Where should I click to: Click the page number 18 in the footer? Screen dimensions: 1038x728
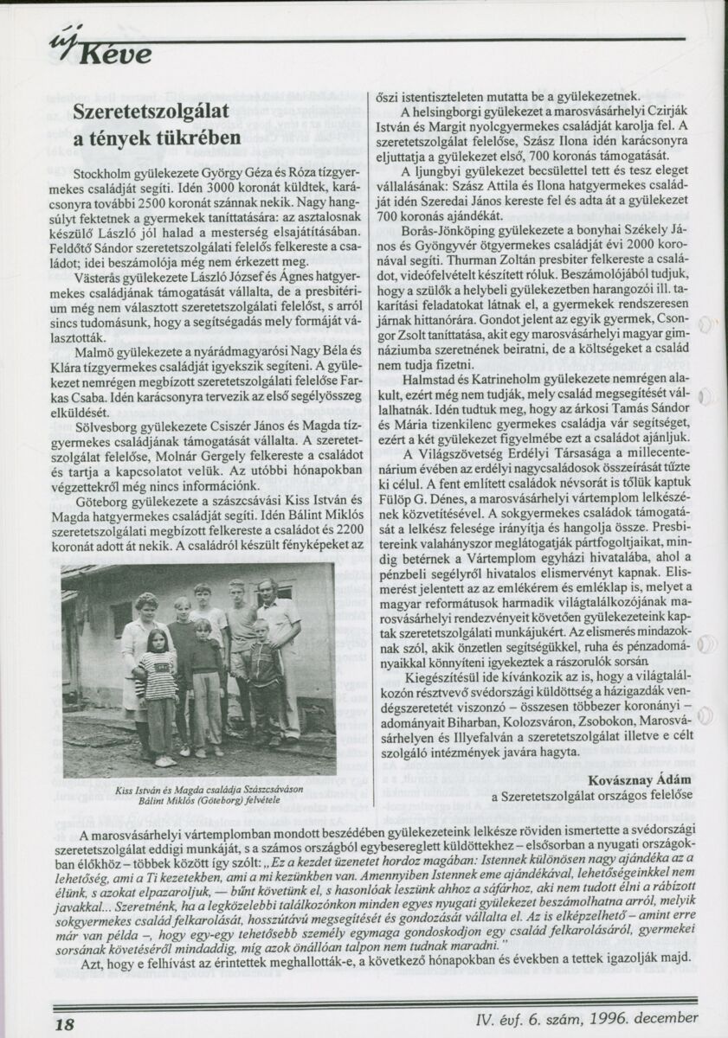point(64,1022)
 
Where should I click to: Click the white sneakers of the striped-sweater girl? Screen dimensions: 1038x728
point(164,761)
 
